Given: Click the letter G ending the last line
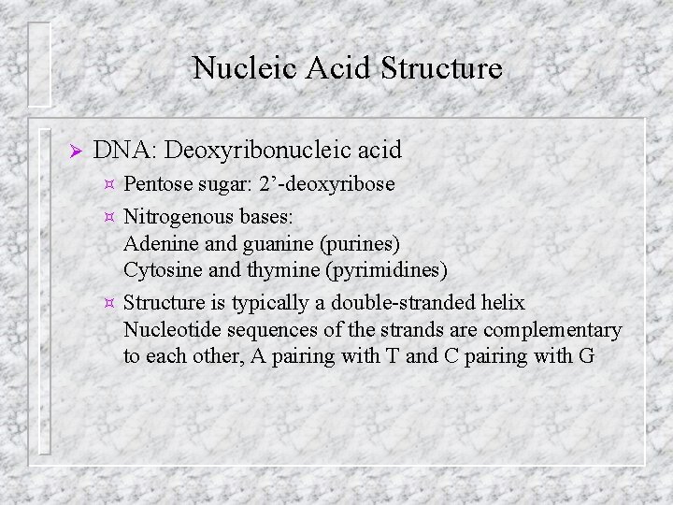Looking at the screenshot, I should point(586,356).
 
